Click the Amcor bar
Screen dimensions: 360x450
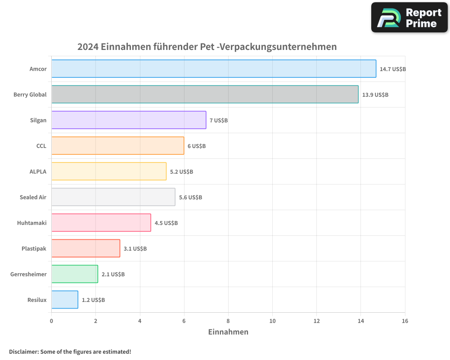[214, 69]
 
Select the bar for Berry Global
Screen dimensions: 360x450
[205, 94]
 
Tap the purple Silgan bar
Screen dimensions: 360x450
[129, 120]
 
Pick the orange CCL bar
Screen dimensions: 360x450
[117, 146]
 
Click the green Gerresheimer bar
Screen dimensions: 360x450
[75, 274]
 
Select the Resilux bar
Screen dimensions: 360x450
[65, 300]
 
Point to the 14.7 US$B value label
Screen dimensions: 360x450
[393, 69]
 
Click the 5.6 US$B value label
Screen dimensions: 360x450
[190, 198]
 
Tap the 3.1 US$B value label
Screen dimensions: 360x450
[135, 249]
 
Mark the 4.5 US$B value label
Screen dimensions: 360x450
[166, 223]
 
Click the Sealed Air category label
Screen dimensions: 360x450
[33, 198]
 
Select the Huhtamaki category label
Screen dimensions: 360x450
[31, 223]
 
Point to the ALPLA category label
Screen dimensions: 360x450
[38, 171]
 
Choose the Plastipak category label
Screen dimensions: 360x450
[34, 249]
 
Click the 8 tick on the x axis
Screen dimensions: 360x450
[228, 321]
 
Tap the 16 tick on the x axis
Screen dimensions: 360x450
[405, 321]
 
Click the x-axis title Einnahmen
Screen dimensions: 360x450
[228, 332]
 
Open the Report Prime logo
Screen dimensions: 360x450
[409, 18]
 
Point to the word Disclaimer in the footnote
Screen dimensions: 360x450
[23, 352]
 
